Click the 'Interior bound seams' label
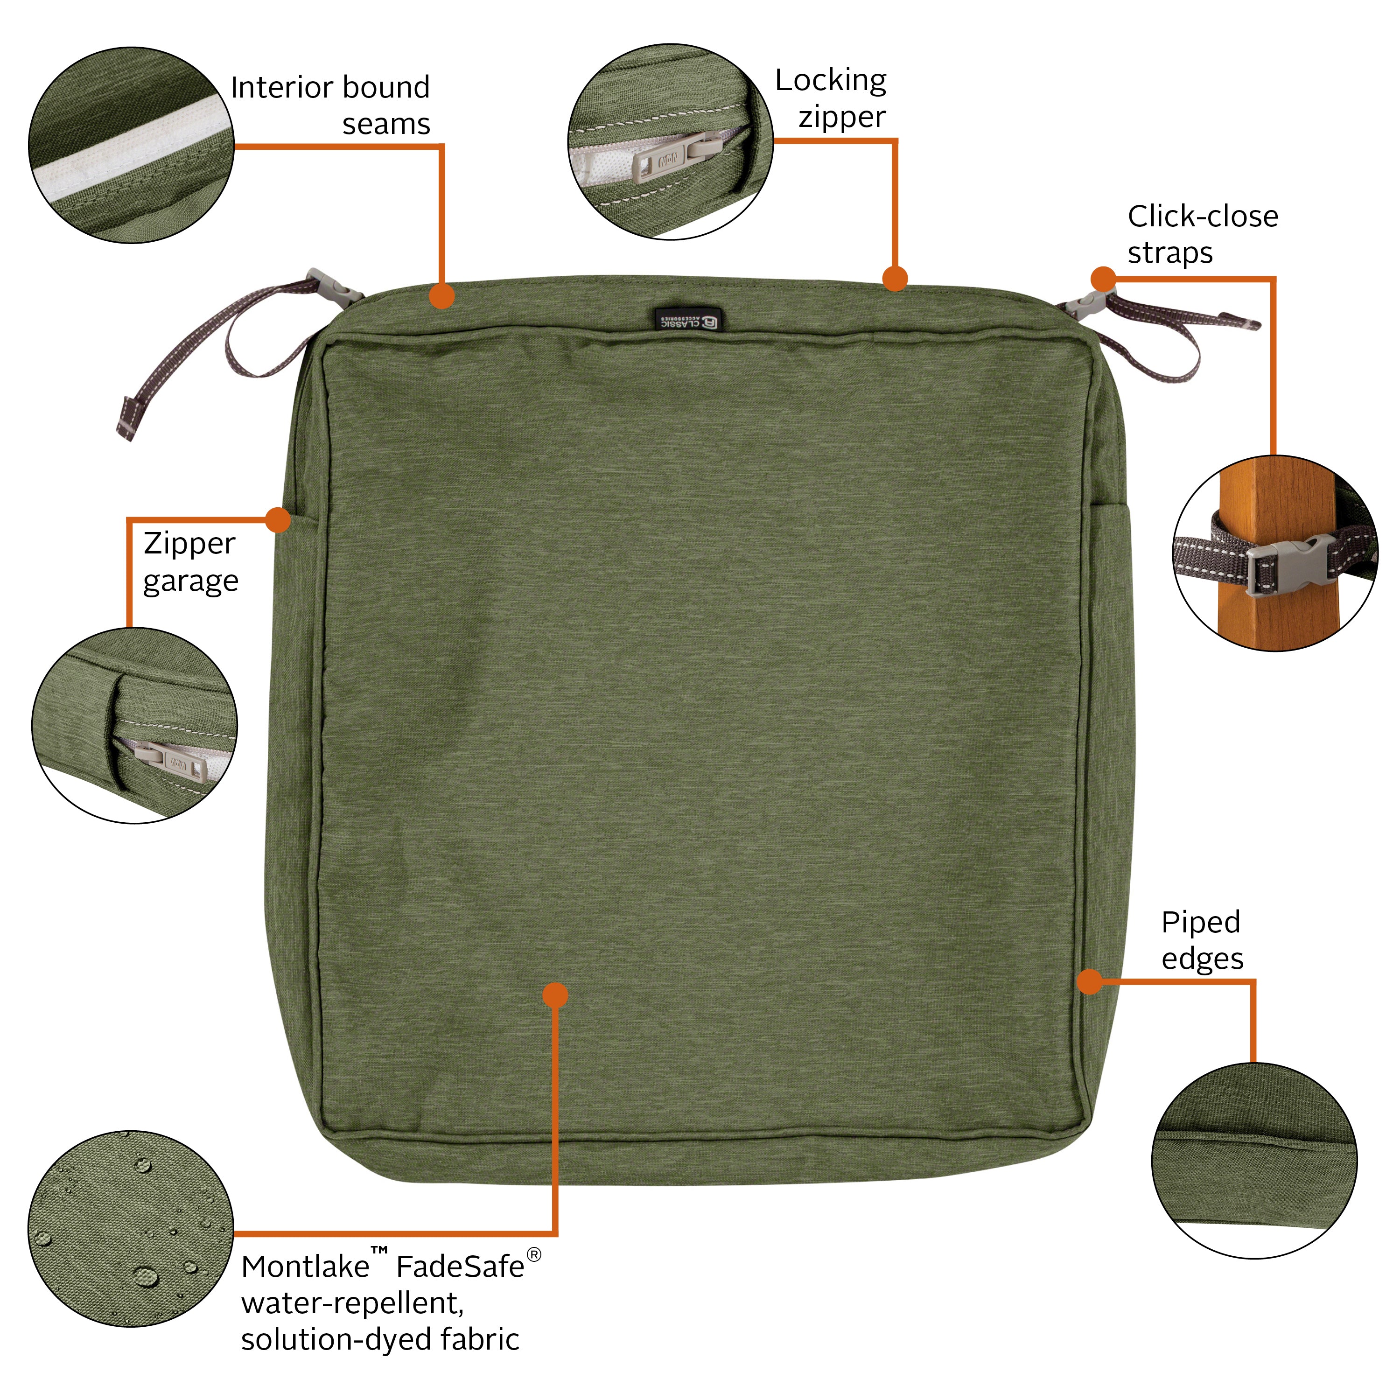click(x=330, y=105)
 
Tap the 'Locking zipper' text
click(x=831, y=98)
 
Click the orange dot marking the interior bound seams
click(x=442, y=296)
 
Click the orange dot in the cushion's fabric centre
click(x=555, y=995)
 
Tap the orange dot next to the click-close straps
click(x=1103, y=279)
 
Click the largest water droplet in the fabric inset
click(x=146, y=1276)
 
